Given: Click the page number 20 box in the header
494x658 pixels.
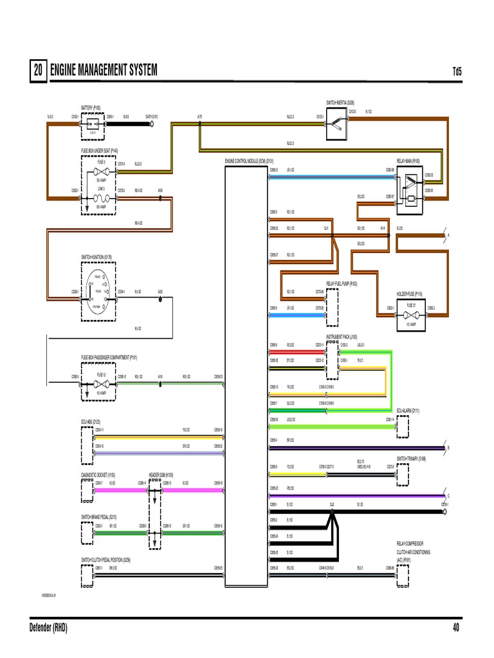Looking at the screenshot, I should click(37, 71).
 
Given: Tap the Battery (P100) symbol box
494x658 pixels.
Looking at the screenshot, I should click(93, 125).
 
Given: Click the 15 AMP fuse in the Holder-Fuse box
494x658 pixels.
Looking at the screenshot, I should click(411, 308).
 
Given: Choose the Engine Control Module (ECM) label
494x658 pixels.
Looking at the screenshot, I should click(250, 160).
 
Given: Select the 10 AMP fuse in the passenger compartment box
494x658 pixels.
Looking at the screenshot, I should click(101, 384).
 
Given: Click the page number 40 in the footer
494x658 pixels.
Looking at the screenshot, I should click(456, 628).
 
